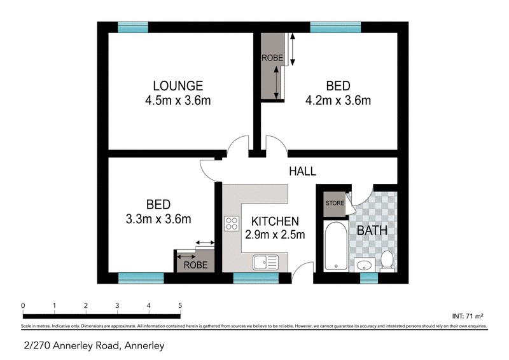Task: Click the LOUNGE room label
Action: [178, 86]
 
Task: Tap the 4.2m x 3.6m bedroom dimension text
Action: [338, 100]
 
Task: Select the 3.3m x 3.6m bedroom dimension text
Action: [158, 219]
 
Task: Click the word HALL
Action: [303, 171]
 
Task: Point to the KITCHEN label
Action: [275, 221]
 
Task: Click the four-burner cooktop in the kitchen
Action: [232, 224]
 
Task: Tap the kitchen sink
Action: [265, 262]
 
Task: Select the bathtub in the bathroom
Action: [336, 246]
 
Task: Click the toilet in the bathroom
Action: [387, 260]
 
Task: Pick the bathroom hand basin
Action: [364, 265]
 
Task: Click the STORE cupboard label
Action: [335, 203]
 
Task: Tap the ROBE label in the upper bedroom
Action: [272, 58]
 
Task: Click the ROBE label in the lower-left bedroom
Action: [195, 265]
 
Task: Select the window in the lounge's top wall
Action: [133, 27]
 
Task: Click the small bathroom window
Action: [369, 278]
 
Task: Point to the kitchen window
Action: [256, 278]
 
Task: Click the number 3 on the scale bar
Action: [117, 305]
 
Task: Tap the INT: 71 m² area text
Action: [468, 316]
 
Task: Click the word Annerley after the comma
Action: [144, 346]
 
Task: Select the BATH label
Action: [372, 230]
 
